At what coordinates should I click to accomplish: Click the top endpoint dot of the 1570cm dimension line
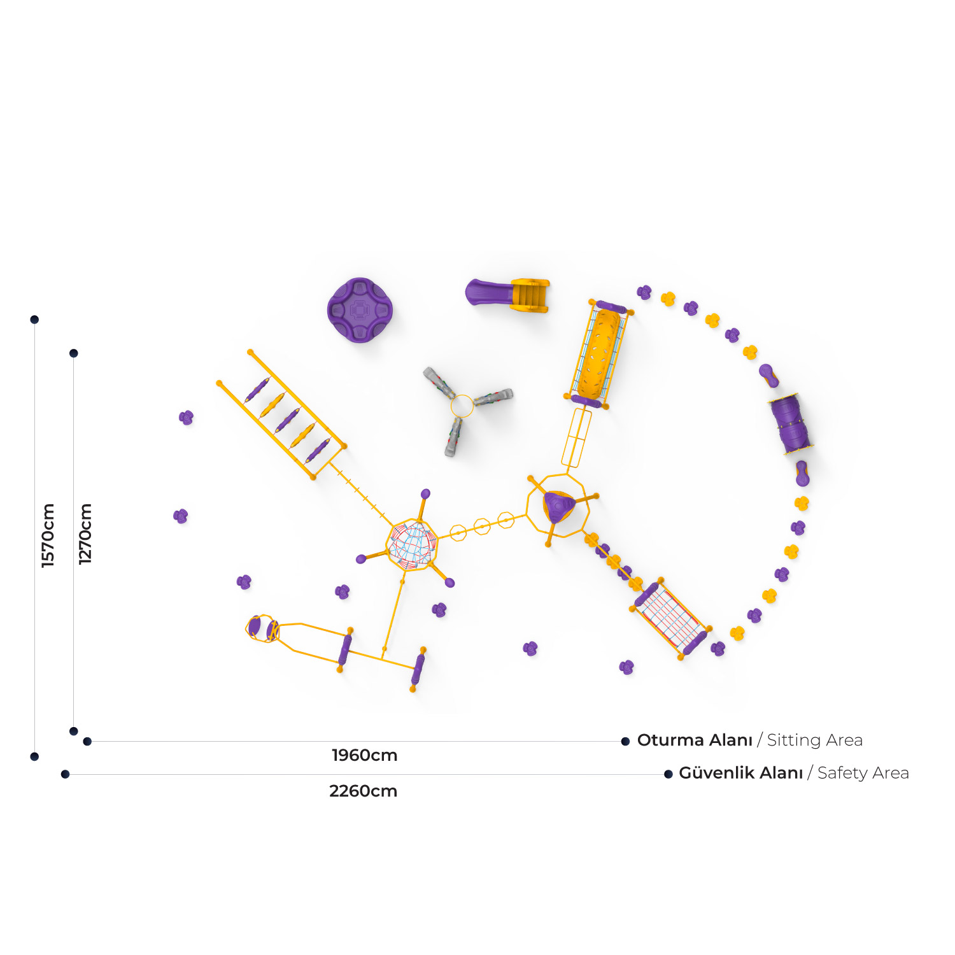[x=34, y=320]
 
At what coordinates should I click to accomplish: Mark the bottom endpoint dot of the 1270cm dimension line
[x=74, y=731]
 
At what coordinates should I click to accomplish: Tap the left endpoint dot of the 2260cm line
[x=65, y=774]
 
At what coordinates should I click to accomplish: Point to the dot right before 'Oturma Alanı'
[x=625, y=741]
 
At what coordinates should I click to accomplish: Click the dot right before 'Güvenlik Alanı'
[x=668, y=774]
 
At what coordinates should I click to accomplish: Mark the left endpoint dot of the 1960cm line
[x=87, y=741]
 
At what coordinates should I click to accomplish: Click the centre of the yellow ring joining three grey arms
[x=462, y=406]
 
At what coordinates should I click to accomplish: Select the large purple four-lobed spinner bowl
[x=360, y=310]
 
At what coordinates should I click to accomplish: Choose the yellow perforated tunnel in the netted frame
[x=598, y=355]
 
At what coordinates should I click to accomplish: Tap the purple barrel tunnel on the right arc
[x=791, y=422]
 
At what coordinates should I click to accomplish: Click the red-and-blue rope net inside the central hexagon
[x=413, y=545]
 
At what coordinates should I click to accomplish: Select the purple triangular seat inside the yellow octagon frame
[x=558, y=507]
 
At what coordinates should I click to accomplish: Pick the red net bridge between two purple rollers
[x=670, y=616]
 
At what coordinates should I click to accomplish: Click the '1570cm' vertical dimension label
[x=48, y=535]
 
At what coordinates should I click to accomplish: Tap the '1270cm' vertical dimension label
[x=85, y=534]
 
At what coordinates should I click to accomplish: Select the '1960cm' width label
[x=365, y=755]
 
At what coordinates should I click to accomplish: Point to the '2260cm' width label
[x=364, y=791]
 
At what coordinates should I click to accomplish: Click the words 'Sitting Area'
[x=815, y=740]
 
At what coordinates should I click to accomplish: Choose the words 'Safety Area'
[x=863, y=773]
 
